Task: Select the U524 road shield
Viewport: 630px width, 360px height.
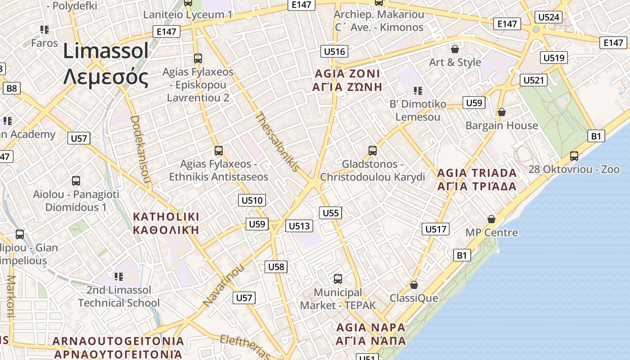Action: (x=549, y=18)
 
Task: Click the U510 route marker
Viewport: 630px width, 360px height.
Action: (x=252, y=200)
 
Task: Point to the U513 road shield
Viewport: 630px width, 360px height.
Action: (x=299, y=226)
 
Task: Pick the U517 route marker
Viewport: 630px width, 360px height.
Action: (x=436, y=229)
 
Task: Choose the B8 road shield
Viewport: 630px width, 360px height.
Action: (x=12, y=88)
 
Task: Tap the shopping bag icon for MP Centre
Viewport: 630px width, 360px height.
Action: (x=491, y=219)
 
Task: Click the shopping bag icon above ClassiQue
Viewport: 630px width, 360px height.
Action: (x=414, y=285)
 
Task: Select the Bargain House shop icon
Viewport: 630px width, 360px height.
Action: (x=502, y=112)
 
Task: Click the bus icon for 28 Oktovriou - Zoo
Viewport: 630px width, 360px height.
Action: (x=574, y=156)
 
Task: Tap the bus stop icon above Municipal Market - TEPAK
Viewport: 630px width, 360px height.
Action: (x=337, y=279)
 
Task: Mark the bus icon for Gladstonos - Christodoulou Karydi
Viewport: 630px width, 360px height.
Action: (x=372, y=150)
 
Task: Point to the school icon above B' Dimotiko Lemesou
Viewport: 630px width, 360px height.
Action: (x=418, y=91)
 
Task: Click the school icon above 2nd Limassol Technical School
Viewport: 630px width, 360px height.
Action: (x=119, y=276)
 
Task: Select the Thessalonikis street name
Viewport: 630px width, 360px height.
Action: (x=277, y=142)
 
